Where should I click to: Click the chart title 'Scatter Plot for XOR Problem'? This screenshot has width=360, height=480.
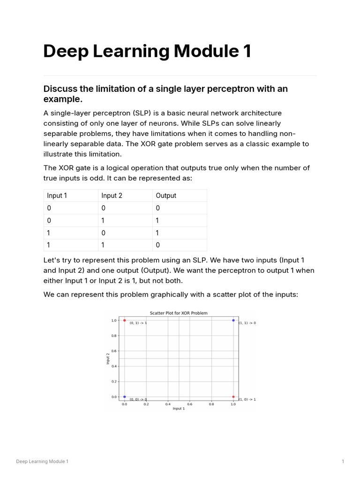178,313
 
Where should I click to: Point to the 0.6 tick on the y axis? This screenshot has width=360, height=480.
114,351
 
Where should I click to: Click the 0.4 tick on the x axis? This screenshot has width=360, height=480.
168,403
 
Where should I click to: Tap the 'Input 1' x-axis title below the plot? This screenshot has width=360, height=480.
179,409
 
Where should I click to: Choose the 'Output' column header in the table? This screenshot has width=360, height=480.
166,195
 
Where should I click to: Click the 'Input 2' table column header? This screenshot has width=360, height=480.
112,195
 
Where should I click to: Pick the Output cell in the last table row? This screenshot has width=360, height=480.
158,245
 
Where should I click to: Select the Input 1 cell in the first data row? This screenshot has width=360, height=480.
49,208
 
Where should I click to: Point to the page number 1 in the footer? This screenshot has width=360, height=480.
343,462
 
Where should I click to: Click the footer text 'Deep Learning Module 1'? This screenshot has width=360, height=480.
42,462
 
